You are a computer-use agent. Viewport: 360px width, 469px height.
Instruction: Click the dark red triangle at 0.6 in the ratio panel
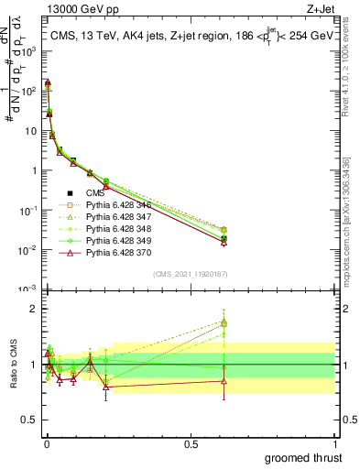(224, 381)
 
